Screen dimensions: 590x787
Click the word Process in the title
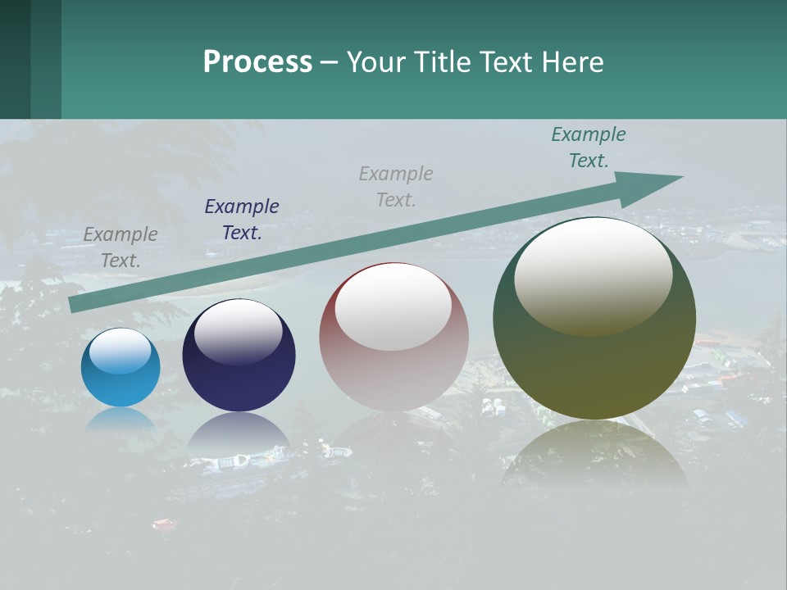click(x=257, y=62)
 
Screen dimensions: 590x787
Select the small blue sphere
click(x=121, y=367)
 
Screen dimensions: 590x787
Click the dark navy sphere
click(x=239, y=356)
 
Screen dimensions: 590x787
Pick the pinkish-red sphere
click(x=393, y=338)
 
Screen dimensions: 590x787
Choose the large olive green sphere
click(x=594, y=318)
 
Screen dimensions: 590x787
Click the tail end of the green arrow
click(x=75, y=304)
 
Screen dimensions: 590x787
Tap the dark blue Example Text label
click(x=242, y=220)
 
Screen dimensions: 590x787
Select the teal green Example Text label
click(x=589, y=147)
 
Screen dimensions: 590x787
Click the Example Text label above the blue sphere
click(x=121, y=247)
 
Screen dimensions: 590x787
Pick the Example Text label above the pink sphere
click(x=396, y=186)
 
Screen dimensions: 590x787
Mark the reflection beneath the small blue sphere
click(x=121, y=420)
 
